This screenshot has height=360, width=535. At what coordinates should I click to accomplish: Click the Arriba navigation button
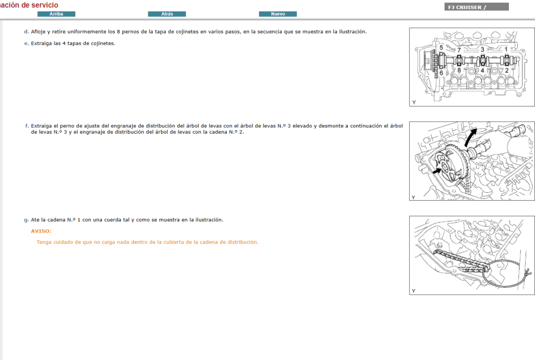[56, 14]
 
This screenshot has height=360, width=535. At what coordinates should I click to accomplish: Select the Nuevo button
[278, 14]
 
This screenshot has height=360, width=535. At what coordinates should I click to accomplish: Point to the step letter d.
[26, 32]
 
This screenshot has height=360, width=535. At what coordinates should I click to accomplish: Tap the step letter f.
[26, 126]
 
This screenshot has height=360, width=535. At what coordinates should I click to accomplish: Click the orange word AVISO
[41, 231]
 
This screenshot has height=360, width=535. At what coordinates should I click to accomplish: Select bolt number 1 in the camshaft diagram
[506, 49]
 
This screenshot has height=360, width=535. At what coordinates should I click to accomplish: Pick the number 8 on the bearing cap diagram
[459, 69]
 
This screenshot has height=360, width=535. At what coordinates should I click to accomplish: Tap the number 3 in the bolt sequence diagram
[482, 49]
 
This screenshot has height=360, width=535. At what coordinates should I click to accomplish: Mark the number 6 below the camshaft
[441, 73]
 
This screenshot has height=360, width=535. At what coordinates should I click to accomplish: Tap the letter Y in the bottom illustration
[414, 291]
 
